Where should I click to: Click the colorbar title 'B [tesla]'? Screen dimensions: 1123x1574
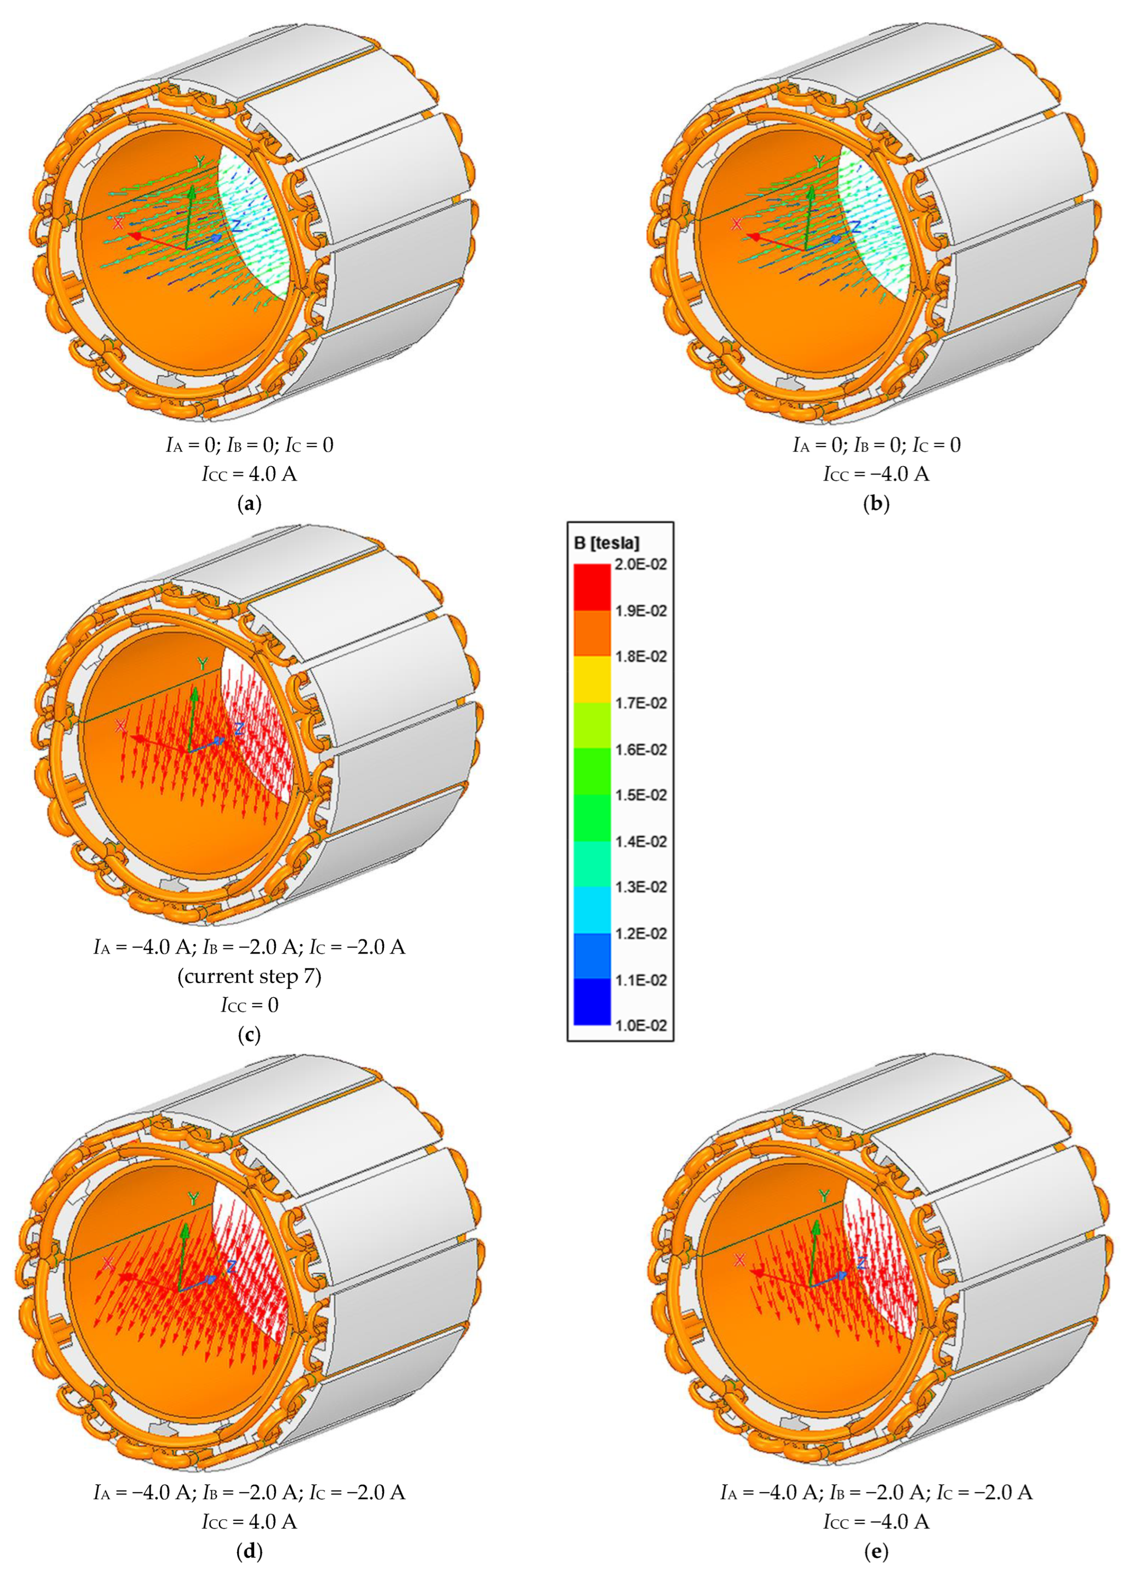coord(607,543)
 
